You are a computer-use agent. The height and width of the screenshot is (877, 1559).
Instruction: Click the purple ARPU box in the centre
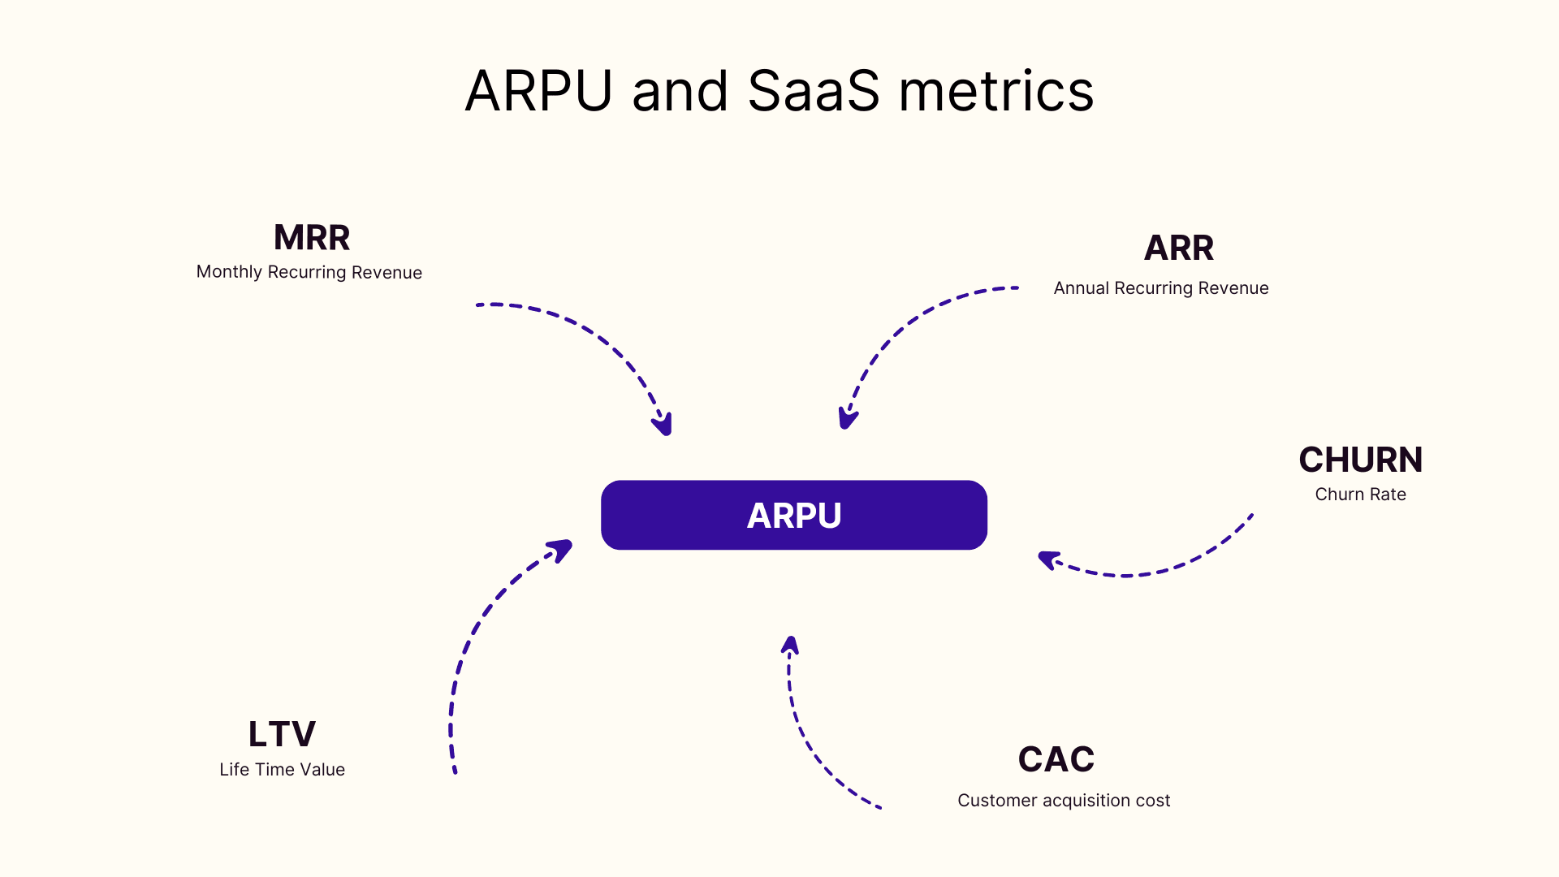(793, 515)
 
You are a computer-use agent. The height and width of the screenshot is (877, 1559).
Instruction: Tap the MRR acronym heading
(312, 238)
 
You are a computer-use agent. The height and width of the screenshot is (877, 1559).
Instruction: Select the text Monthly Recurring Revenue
(309, 272)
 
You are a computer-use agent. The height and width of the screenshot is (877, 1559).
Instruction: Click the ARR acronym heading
(1178, 248)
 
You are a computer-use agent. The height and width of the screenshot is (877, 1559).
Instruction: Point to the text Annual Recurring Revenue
(1160, 288)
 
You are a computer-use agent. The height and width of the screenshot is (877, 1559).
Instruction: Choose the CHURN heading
(1360, 460)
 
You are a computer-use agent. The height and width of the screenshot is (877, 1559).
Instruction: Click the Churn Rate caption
(1360, 495)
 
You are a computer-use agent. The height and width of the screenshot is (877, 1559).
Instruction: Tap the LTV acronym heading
(282, 734)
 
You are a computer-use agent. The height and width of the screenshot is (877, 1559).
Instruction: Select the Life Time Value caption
(282, 770)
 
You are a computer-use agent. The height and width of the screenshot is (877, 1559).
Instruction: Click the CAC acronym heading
(1056, 759)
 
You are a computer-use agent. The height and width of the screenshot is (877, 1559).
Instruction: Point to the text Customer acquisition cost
(1064, 801)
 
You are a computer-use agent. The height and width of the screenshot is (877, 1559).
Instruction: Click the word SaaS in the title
(814, 91)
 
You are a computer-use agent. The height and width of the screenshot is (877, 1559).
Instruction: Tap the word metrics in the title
(996, 91)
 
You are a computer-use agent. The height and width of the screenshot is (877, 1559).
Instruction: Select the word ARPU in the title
(538, 91)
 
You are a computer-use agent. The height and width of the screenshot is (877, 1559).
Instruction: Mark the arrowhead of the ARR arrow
(847, 419)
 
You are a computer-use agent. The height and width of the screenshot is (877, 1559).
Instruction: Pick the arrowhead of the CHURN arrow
(1048, 559)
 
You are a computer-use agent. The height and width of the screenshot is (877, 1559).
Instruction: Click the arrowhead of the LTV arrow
(562, 549)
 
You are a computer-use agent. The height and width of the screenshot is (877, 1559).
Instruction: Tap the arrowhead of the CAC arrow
(790, 646)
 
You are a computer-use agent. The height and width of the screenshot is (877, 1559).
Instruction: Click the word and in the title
(680, 91)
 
